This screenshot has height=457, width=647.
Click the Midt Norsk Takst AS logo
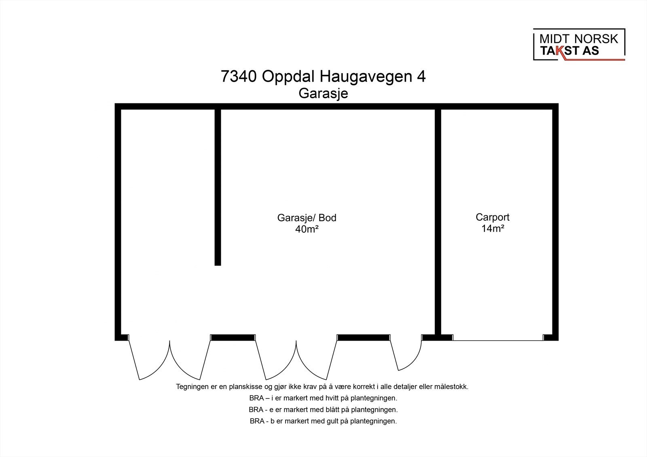(579, 44)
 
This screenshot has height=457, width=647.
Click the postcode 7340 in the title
(239, 76)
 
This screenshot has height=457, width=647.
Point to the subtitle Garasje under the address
(323, 93)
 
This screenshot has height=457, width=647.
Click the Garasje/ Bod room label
(307, 218)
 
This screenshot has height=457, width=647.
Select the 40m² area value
(307, 229)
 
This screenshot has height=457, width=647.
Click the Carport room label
(493, 217)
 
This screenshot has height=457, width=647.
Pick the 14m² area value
(493, 228)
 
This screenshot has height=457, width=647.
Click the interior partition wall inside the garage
(218, 187)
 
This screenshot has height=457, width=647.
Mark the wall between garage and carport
(438, 222)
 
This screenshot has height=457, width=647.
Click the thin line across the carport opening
(498, 341)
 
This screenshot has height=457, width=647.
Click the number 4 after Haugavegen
(421, 76)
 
